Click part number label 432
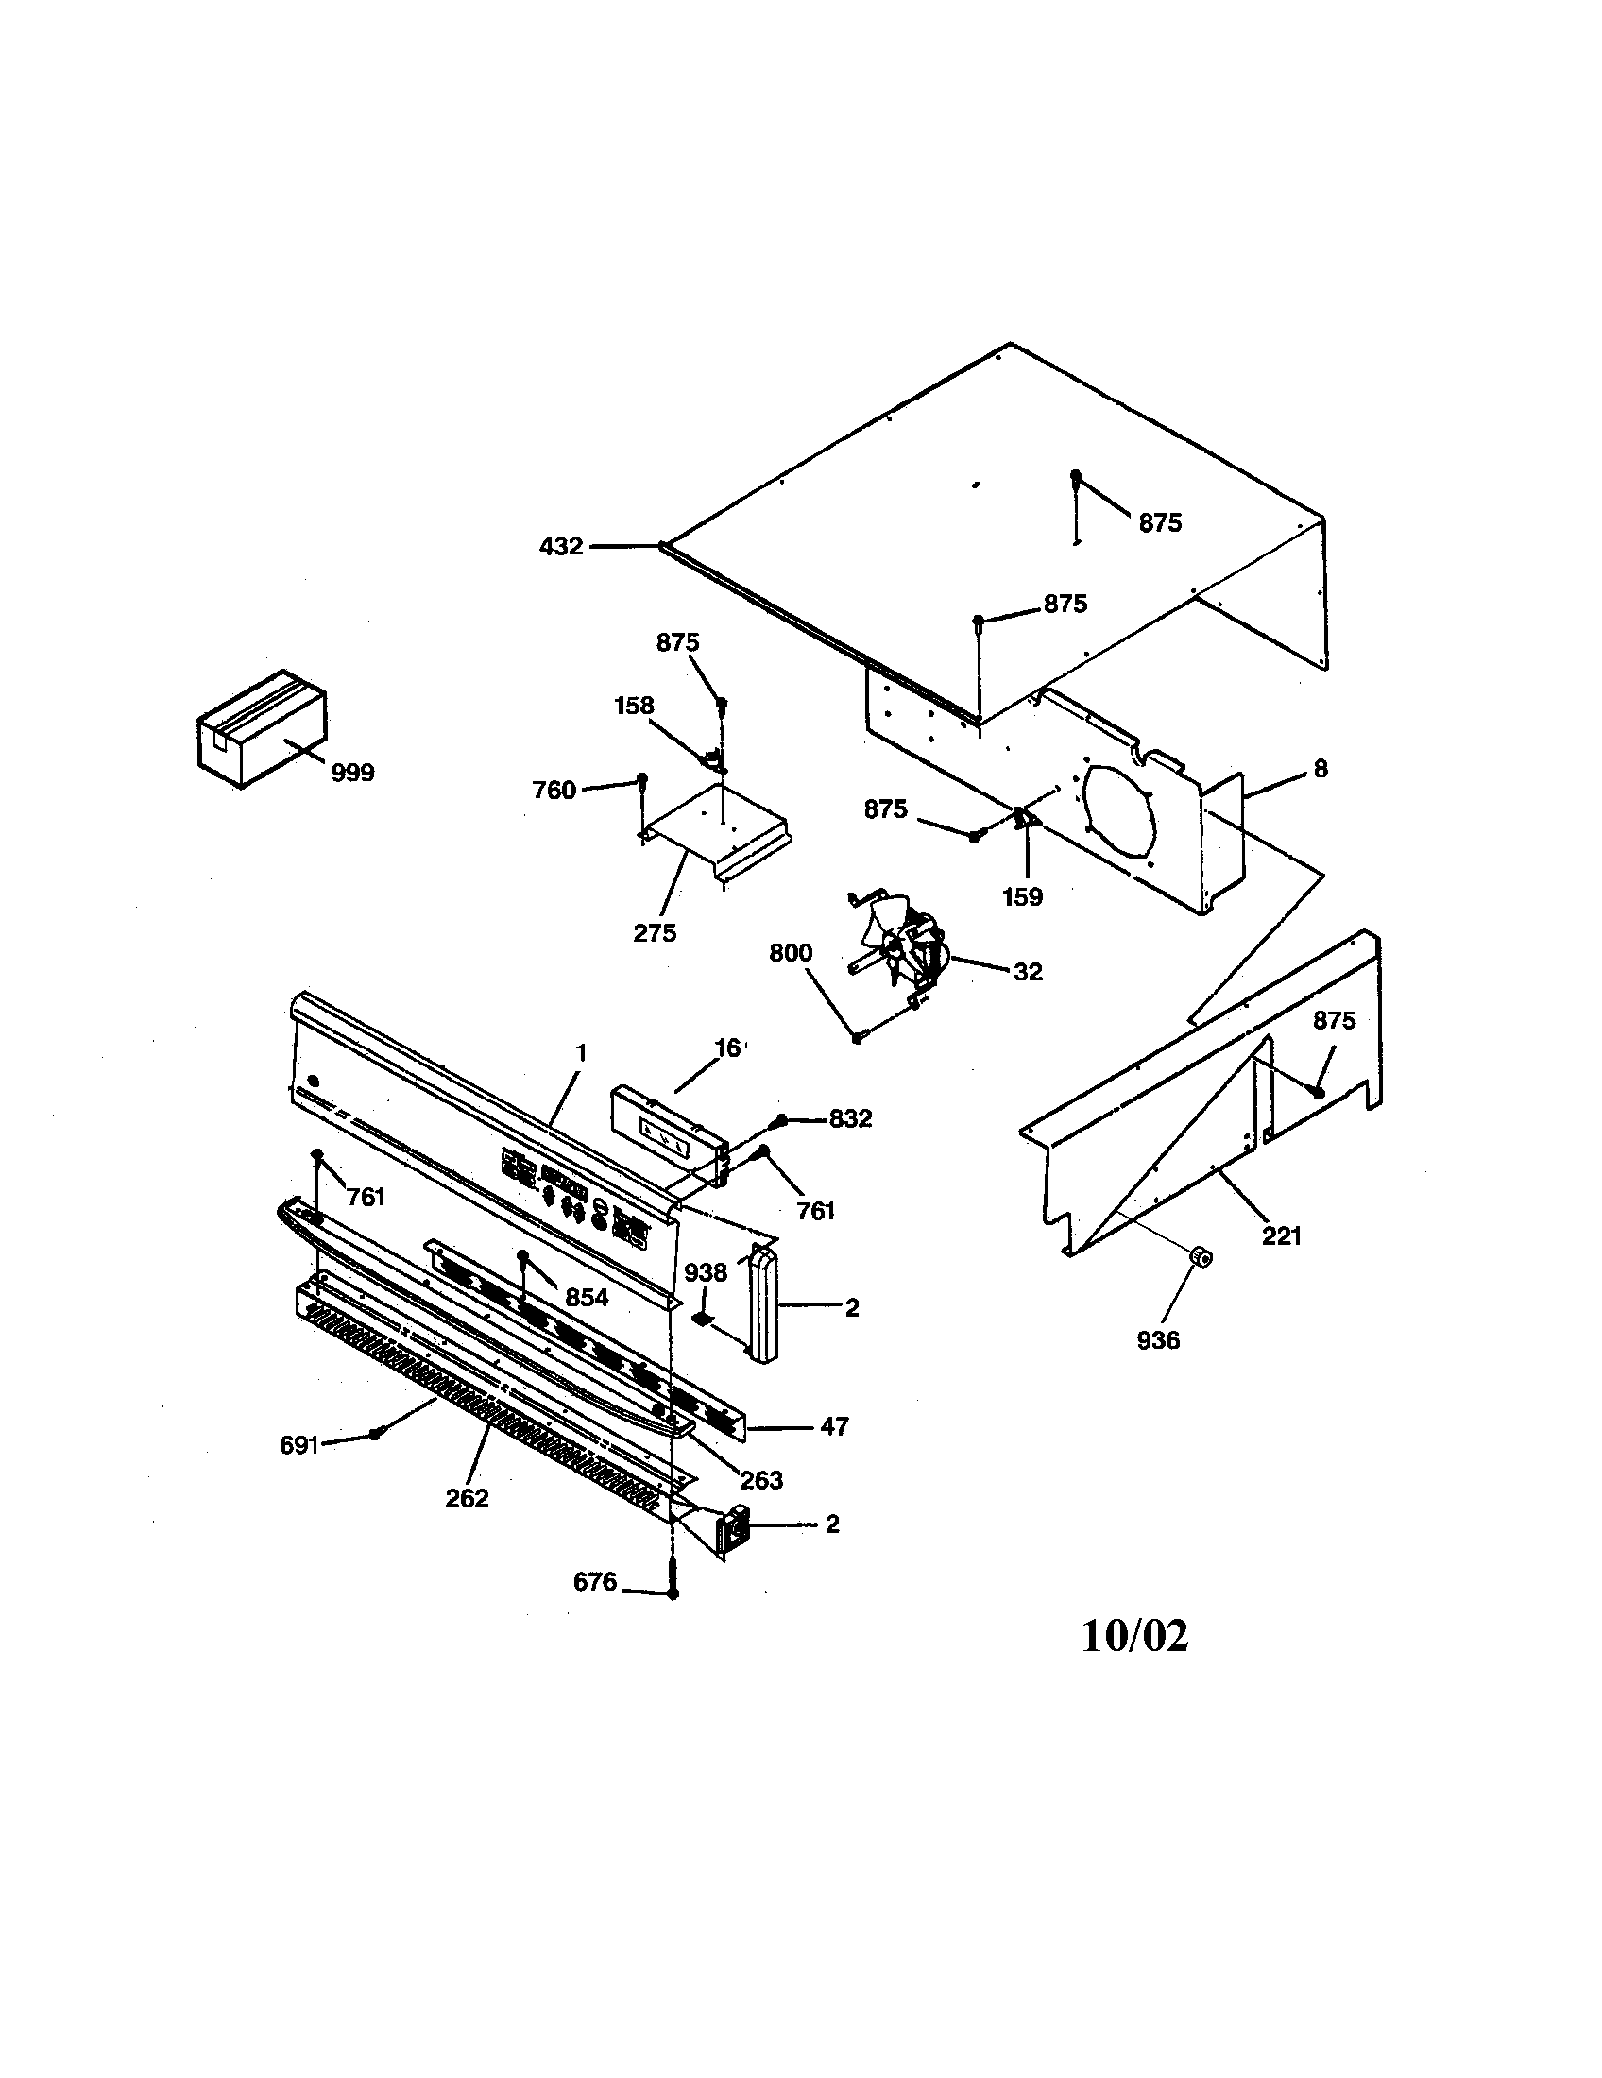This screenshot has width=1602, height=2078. [x=560, y=547]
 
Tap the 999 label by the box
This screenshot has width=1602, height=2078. [x=352, y=773]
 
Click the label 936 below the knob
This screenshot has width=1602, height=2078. [x=1158, y=1340]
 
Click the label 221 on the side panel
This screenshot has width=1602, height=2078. [x=1281, y=1237]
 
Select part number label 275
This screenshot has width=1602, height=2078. [x=655, y=933]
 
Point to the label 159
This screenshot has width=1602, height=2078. [x=1023, y=896]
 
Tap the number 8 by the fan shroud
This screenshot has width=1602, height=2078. [x=1320, y=769]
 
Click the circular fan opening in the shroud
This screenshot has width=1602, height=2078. [x=1118, y=809]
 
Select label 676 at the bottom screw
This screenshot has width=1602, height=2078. [x=594, y=1581]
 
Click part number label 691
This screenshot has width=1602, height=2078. [x=298, y=1445]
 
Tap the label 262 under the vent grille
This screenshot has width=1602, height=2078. [x=466, y=1498]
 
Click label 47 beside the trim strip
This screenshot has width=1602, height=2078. [x=833, y=1426]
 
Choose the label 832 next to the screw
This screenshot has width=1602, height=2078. [x=849, y=1119]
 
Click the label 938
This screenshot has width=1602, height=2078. [x=706, y=1272]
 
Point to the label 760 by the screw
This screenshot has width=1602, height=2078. [x=554, y=790]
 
